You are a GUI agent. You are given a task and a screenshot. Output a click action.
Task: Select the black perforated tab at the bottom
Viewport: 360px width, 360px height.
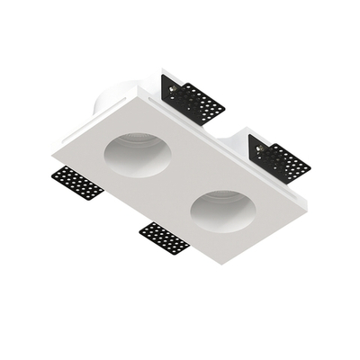coord(165,238)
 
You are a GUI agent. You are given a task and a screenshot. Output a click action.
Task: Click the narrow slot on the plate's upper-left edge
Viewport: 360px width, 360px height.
coord(99,126)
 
